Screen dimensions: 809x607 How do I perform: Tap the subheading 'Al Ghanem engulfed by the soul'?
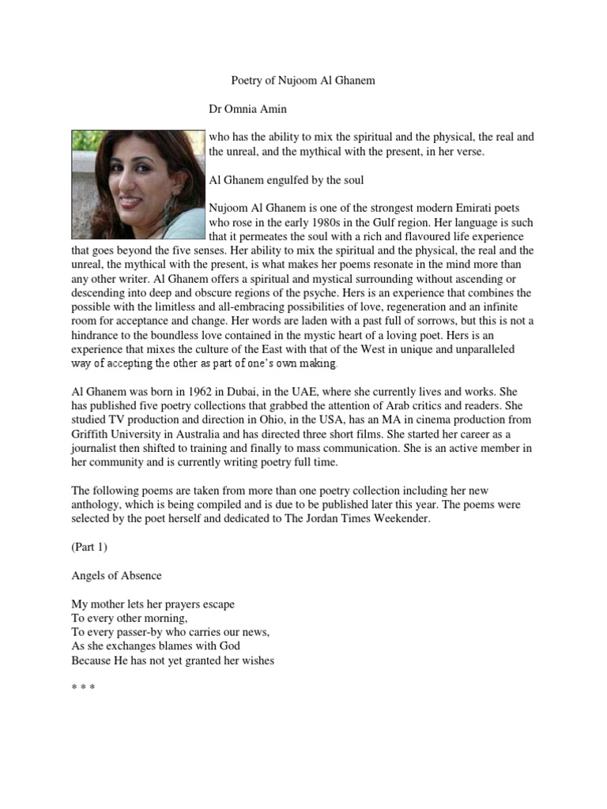[x=286, y=180]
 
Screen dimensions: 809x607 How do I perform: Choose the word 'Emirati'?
[x=454, y=208]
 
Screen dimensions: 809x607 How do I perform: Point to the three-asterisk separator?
[x=83, y=688]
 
